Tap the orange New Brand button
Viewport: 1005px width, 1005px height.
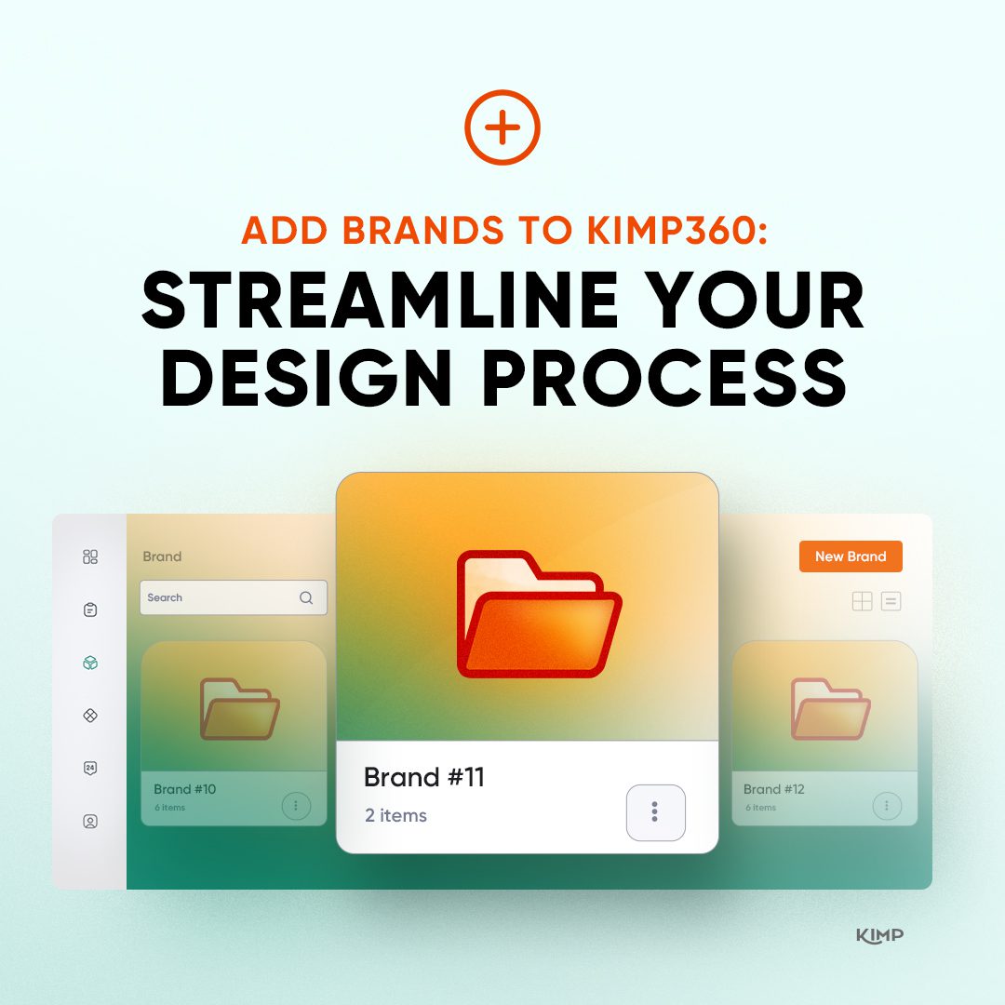tap(851, 556)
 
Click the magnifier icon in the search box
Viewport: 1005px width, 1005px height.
tap(306, 597)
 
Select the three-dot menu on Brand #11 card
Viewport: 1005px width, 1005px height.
tap(656, 812)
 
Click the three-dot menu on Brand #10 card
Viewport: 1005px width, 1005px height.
tap(296, 806)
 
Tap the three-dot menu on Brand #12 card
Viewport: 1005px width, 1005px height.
tap(887, 806)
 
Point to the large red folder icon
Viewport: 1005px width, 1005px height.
tap(539, 614)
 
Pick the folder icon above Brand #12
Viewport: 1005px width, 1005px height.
tap(831, 709)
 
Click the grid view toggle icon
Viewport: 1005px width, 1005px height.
tap(862, 601)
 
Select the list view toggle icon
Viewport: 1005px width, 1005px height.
tap(891, 601)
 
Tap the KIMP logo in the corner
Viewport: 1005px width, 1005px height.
tap(880, 936)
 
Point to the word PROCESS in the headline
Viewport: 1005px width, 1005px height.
tap(664, 378)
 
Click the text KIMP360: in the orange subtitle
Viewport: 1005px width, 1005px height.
tap(677, 230)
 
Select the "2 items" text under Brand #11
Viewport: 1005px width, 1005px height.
tap(395, 815)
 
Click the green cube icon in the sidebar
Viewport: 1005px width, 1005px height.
tap(90, 663)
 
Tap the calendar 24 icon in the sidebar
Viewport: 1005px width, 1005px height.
tap(90, 768)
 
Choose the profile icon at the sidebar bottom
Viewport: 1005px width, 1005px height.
tap(90, 821)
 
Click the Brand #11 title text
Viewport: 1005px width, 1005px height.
tap(423, 777)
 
